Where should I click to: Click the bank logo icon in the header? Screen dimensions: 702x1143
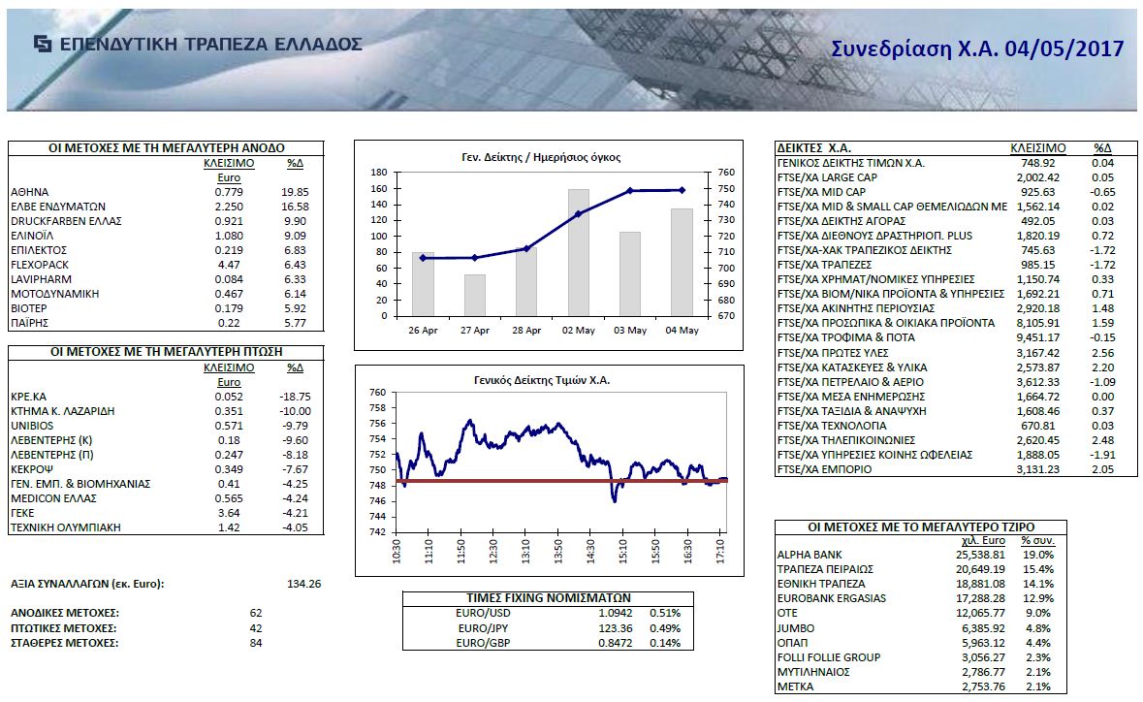43,44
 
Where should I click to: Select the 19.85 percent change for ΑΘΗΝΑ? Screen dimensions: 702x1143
296,192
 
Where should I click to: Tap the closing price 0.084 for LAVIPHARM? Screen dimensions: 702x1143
229,278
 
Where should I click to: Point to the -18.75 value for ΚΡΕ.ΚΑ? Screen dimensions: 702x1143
294,397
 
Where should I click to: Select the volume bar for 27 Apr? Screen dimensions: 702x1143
474,295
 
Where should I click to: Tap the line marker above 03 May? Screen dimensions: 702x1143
631,191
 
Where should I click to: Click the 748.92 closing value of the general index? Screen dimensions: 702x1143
1037,163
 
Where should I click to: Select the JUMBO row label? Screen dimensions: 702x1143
796,627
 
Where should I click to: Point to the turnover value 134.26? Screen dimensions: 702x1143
304,584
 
